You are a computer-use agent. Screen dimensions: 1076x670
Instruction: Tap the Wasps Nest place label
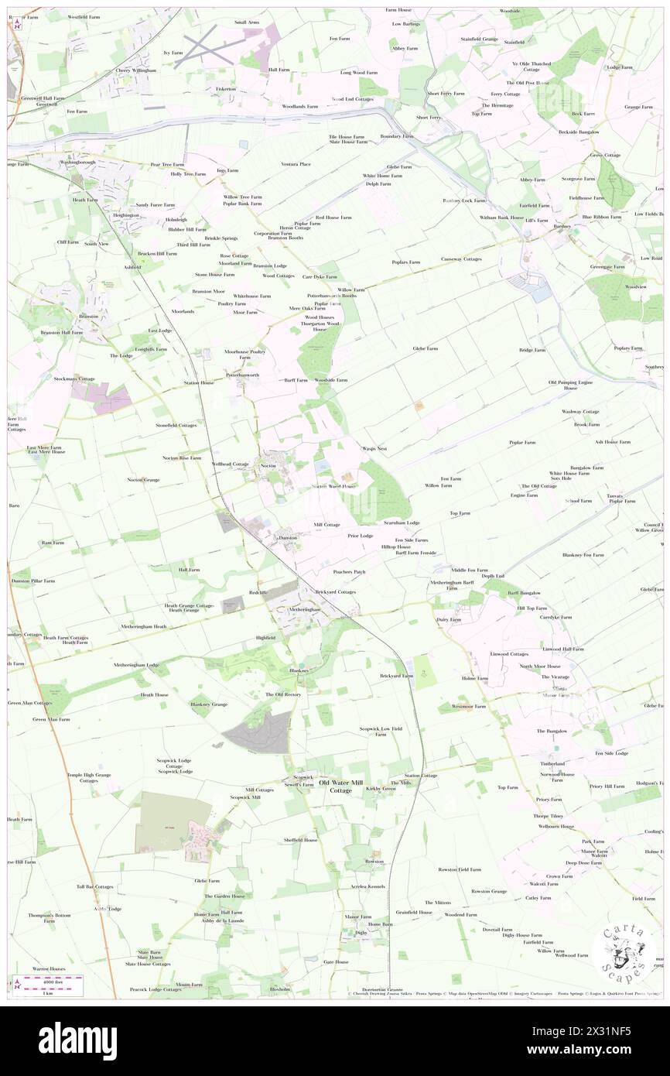(374, 448)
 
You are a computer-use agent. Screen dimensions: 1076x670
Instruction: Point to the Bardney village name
(562, 226)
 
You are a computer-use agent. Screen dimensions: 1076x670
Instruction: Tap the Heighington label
(125, 214)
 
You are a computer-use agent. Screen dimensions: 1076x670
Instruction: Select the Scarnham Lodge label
(402, 523)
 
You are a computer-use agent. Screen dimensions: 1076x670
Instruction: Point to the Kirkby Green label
(381, 789)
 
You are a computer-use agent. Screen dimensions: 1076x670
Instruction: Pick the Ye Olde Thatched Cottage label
(531, 67)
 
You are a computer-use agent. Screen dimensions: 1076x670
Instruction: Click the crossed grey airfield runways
(205, 49)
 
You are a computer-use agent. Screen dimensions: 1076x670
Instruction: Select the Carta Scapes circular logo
(624, 949)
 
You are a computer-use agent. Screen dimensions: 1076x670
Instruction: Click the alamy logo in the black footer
(77, 1040)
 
